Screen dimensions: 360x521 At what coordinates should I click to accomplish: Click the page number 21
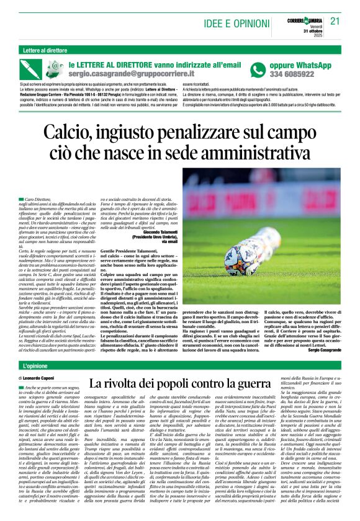336,20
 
